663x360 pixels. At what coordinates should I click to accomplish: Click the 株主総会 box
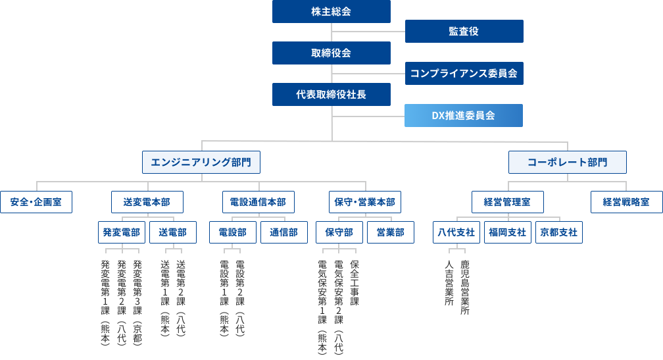click(x=331, y=12)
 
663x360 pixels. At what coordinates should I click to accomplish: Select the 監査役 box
click(x=464, y=32)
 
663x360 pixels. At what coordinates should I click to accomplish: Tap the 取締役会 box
click(x=331, y=53)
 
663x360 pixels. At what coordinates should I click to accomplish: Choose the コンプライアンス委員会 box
click(x=464, y=73)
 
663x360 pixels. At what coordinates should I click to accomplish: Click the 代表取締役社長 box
click(x=331, y=94)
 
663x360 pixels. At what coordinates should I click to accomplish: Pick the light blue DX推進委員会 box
click(x=464, y=115)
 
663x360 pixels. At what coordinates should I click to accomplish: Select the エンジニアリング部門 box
click(x=201, y=162)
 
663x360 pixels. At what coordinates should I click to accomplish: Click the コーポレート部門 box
click(x=567, y=162)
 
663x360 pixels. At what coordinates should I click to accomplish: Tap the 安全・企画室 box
click(x=36, y=202)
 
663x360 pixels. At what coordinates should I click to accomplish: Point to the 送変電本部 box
click(x=147, y=202)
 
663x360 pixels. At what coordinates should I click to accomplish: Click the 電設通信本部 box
click(x=258, y=202)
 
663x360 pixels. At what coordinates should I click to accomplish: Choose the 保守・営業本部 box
click(x=365, y=202)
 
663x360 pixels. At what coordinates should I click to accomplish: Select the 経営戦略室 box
click(x=626, y=202)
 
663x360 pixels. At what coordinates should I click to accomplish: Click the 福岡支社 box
click(x=507, y=232)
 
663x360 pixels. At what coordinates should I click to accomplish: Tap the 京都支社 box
click(x=558, y=232)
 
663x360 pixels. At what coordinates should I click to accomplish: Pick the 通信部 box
click(x=284, y=232)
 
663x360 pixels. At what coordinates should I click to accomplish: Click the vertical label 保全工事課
click(x=355, y=283)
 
